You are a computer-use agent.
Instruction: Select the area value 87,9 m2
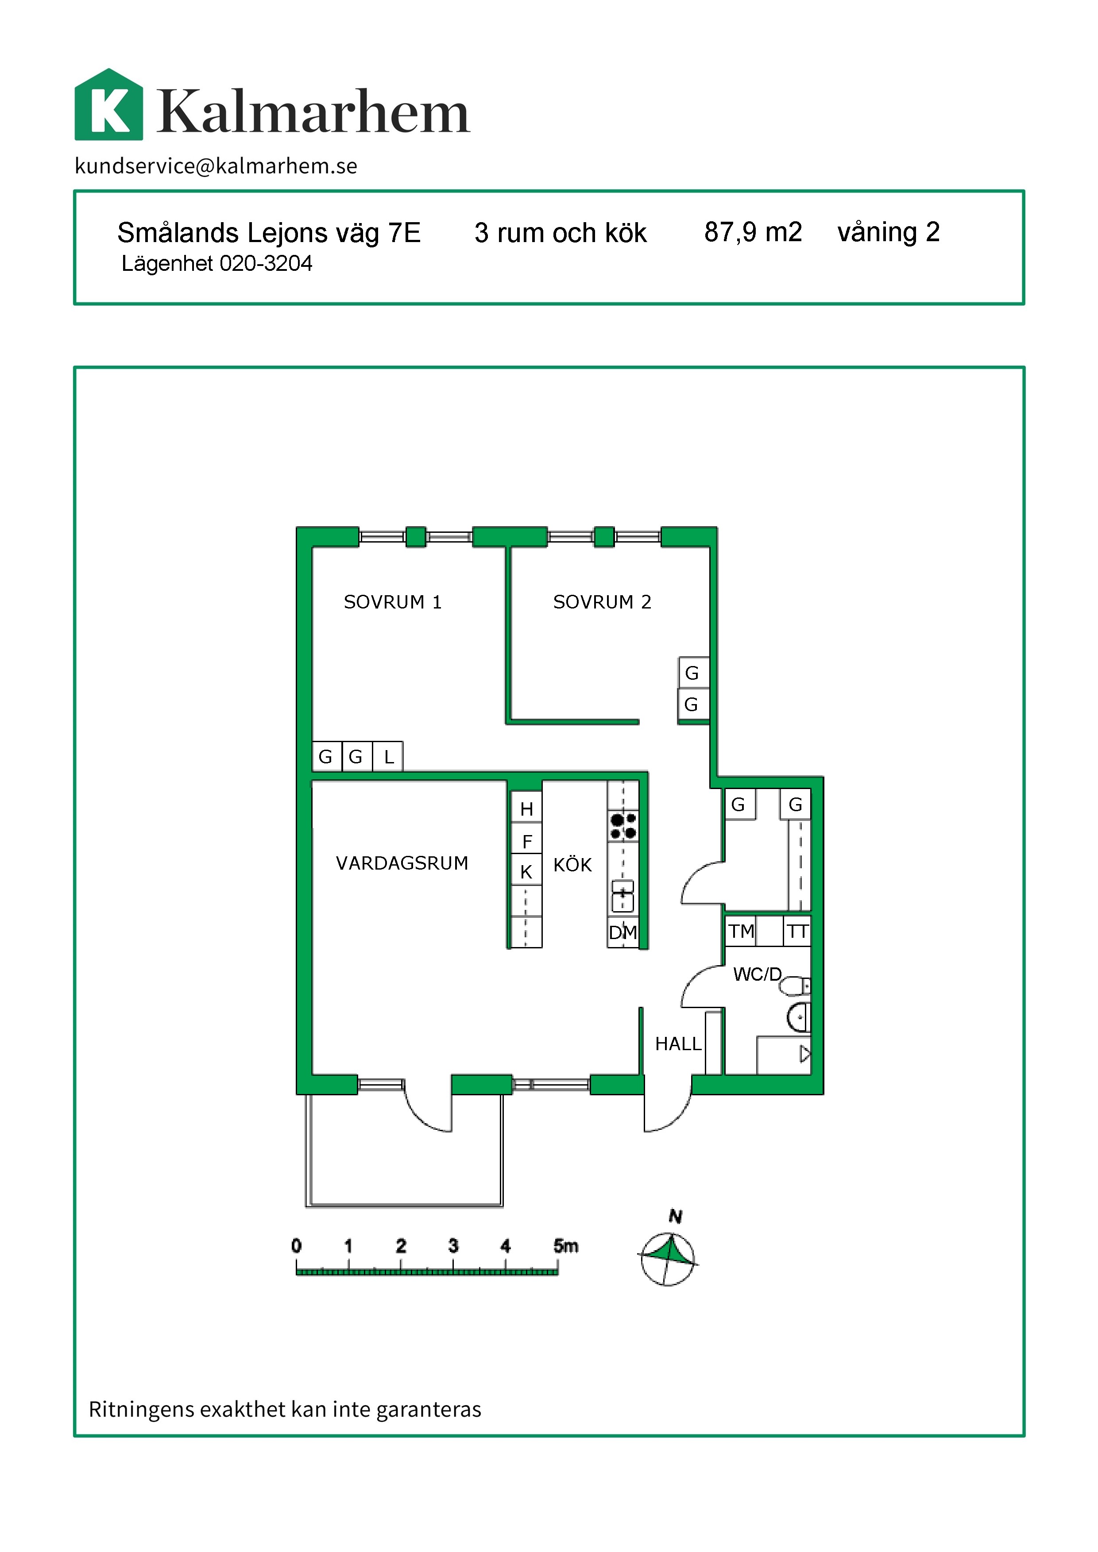[753, 232]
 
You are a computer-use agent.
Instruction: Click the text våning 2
[889, 232]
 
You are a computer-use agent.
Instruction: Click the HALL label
[678, 1044]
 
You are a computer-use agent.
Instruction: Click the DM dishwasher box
[622, 933]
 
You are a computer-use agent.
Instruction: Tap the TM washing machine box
[741, 932]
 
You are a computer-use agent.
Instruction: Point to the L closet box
[388, 756]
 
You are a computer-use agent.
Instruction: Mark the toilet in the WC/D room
[794, 986]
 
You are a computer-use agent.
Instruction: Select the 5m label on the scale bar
[565, 1246]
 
